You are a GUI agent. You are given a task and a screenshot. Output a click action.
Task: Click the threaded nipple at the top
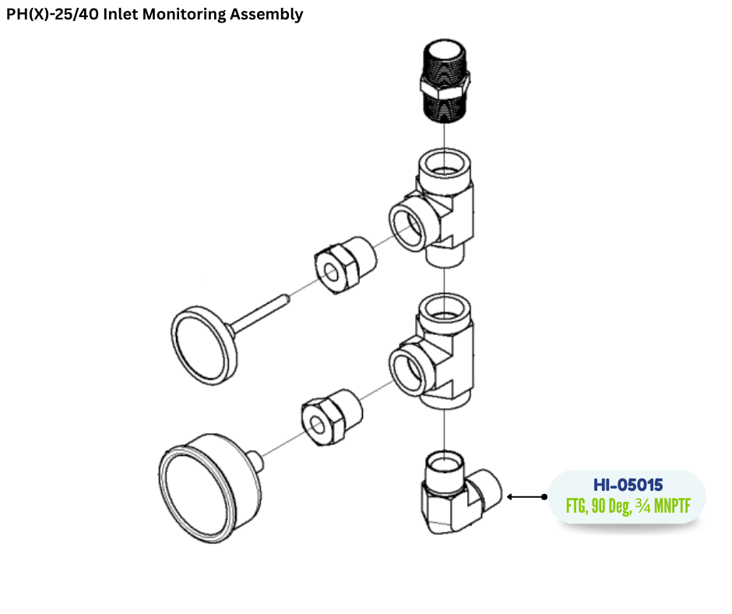click(x=445, y=81)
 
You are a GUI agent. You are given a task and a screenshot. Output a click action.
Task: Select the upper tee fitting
click(x=432, y=208)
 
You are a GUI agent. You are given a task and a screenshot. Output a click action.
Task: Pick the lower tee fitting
click(x=432, y=352)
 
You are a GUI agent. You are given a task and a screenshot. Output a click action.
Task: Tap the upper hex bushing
click(x=345, y=264)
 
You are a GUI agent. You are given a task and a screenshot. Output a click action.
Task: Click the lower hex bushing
click(x=332, y=418)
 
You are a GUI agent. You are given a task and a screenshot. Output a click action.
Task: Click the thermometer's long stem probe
click(x=259, y=312)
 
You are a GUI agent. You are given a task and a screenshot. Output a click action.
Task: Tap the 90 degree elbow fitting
click(x=459, y=494)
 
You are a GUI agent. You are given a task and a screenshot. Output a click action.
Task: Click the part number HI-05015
click(x=628, y=485)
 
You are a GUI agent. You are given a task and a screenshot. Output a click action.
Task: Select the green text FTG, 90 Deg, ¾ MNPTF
click(x=628, y=506)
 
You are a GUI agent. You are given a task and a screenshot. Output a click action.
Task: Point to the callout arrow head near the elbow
click(x=510, y=496)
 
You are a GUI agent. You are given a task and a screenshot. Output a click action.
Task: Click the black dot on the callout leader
click(x=544, y=496)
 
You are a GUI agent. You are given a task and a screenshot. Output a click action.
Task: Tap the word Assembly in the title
click(x=266, y=15)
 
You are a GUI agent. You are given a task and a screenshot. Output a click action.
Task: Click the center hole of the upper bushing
click(x=332, y=273)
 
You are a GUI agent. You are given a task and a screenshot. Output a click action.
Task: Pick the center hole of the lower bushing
click(x=318, y=425)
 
